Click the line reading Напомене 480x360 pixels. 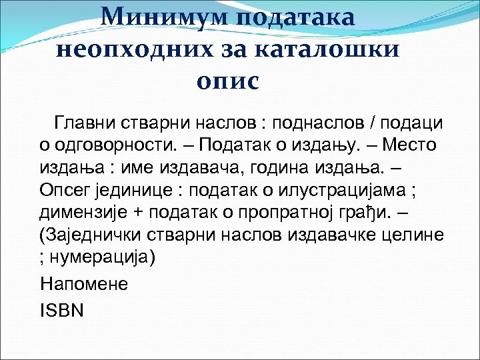pos(84,283)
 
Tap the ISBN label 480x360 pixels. pos(62,310)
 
